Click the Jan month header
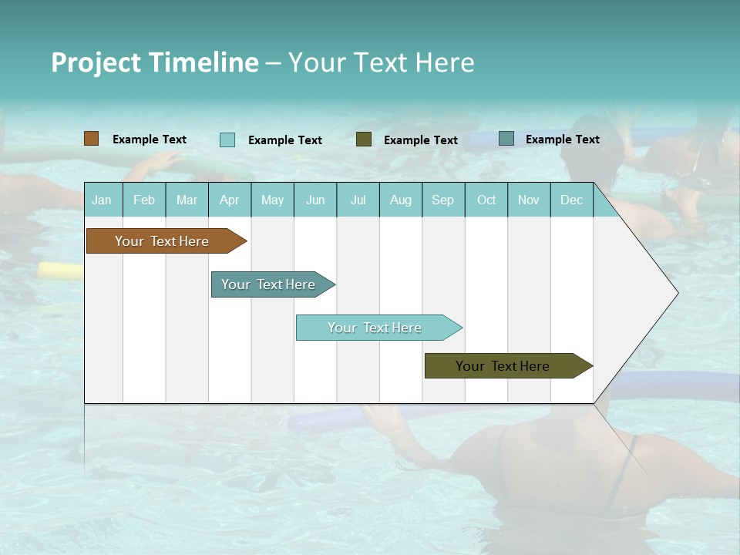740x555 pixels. [x=102, y=200]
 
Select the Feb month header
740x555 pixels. [x=144, y=200]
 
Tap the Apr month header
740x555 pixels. [x=229, y=200]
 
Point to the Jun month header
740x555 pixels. [x=315, y=200]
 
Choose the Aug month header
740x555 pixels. [x=400, y=200]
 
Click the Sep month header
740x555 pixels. [x=442, y=200]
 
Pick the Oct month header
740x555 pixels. [x=486, y=200]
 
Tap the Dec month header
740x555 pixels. [x=571, y=200]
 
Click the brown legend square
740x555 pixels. [x=92, y=139]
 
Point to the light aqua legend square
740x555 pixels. [x=227, y=140]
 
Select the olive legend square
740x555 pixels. [x=364, y=140]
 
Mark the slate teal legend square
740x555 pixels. [x=506, y=139]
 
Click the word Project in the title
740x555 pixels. [x=96, y=62]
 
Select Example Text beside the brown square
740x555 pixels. [x=150, y=140]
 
